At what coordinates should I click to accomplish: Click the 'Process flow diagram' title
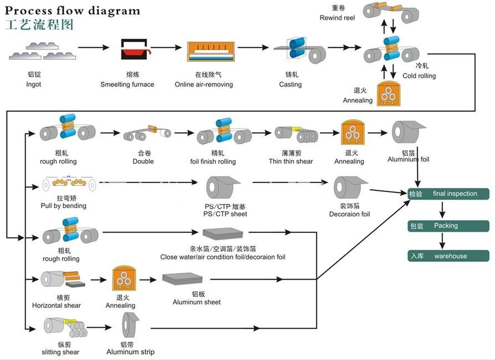[73, 11]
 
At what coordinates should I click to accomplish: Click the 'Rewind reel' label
[337, 18]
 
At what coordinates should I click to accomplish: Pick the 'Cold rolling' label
[419, 76]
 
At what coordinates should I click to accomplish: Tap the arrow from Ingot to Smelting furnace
[93, 48]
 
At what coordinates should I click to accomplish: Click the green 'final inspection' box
[450, 194]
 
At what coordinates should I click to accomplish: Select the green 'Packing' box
[450, 226]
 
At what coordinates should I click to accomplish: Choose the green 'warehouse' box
[450, 256]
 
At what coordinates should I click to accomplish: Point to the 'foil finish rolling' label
[212, 161]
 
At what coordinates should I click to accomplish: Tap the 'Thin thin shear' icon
[296, 133]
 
